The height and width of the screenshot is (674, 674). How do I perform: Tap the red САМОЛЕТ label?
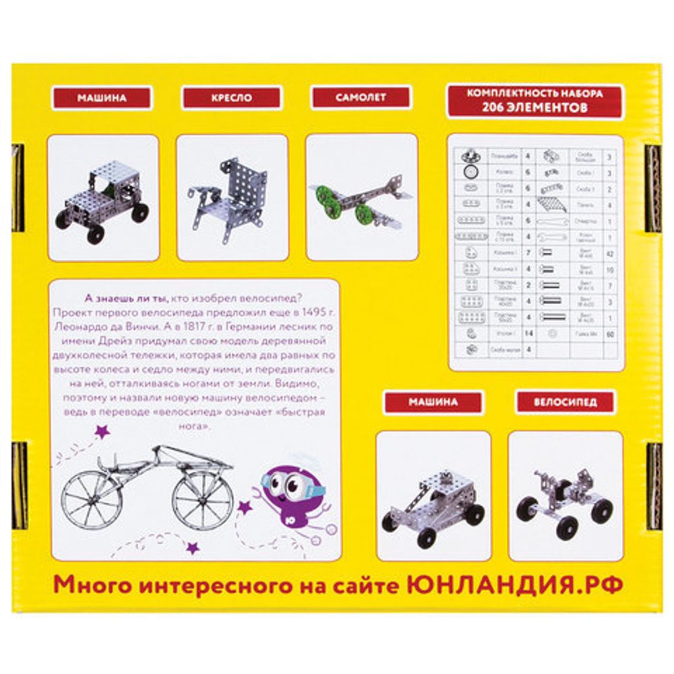(x=361, y=97)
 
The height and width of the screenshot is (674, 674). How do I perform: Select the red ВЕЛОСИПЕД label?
(x=565, y=402)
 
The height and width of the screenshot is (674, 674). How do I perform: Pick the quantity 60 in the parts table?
(x=609, y=334)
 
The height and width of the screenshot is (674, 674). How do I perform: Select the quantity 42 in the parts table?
(x=609, y=254)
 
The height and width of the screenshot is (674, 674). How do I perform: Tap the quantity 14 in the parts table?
(x=528, y=334)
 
